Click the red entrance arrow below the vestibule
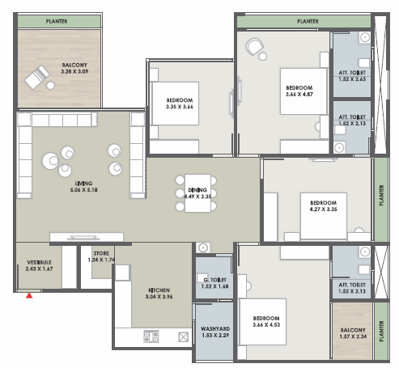tap(29, 295)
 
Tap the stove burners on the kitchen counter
tap(151, 336)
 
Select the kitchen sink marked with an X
tap(184, 337)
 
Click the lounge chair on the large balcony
tap(37, 77)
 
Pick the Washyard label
tap(215, 328)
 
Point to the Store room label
tap(101, 253)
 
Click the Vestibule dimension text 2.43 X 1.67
tap(39, 269)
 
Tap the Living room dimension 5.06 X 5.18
tap(83, 190)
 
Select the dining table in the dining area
tap(197, 193)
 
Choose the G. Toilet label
tap(215, 280)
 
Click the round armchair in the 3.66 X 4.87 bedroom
tap(254, 46)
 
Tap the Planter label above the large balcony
tap(57, 21)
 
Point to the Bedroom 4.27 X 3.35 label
tap(323, 206)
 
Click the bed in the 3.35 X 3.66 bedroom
tap(176, 104)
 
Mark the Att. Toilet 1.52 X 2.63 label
tap(352, 76)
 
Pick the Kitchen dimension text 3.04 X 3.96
tap(159, 297)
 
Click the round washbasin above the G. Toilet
tap(203, 247)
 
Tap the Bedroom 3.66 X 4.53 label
tap(266, 321)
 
